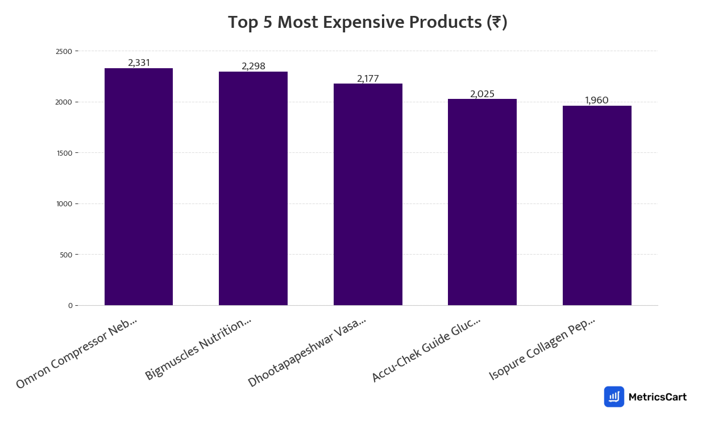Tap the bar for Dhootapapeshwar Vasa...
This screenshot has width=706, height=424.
368,194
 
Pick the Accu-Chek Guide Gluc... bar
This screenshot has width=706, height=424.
482,202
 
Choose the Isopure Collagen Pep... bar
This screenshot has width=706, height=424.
597,205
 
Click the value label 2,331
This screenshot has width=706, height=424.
139,63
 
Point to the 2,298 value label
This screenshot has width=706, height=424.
253,66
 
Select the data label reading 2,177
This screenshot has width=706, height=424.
368,78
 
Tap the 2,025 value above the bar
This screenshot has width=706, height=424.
482,94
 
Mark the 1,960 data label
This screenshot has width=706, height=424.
597,101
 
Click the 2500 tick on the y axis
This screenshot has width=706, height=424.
64,52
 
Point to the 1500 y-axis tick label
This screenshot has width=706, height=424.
64,153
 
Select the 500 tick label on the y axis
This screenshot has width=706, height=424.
65,255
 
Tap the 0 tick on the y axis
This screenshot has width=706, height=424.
70,306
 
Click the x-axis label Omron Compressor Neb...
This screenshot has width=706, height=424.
77,353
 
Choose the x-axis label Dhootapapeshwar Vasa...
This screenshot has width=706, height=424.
307,352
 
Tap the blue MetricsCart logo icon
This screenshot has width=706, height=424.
614,397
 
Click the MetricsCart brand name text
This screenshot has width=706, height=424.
657,397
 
